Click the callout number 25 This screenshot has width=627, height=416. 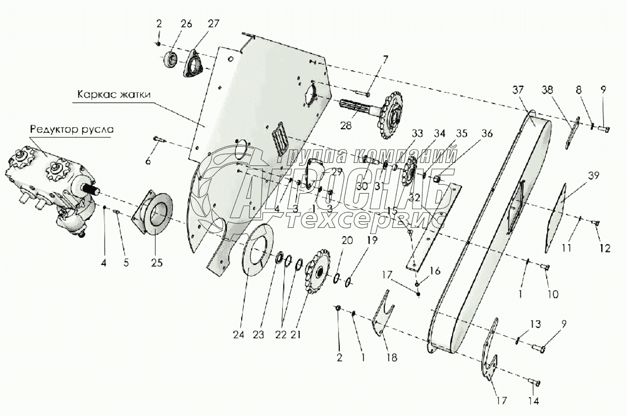(157, 262)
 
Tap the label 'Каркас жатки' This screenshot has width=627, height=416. (107, 94)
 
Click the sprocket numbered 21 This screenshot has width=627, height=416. (317, 271)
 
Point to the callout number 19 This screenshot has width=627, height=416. (372, 241)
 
